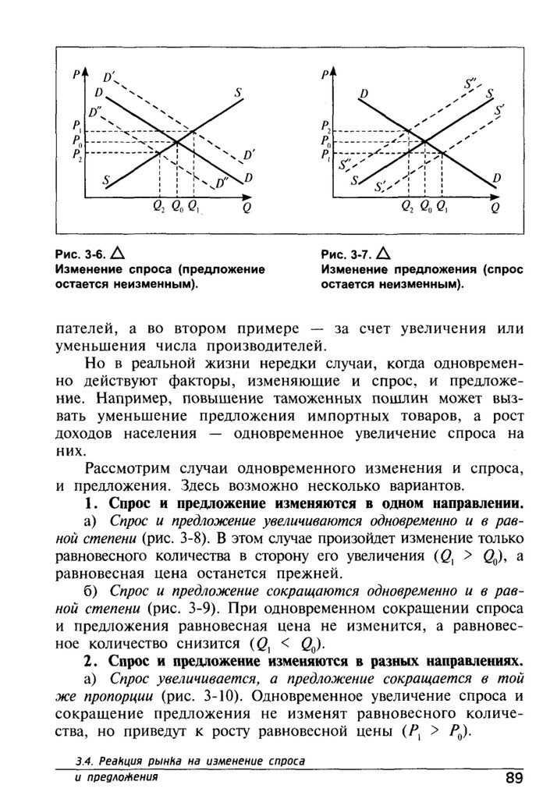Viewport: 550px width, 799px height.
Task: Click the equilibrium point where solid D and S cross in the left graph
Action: coord(177,141)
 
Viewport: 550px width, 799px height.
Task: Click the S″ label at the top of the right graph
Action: coord(471,81)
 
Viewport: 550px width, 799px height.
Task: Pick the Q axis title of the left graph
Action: coord(247,209)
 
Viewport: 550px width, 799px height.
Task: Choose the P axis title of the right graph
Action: coord(325,76)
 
